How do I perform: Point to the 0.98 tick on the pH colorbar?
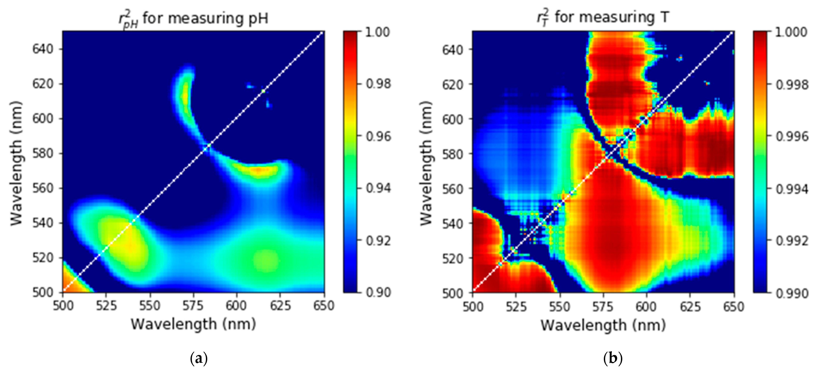click(x=378, y=84)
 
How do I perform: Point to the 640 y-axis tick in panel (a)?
click(x=43, y=49)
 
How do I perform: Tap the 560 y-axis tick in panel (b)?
click(x=452, y=189)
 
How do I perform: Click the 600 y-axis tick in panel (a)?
click(x=43, y=119)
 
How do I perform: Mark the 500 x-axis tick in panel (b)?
click(x=473, y=307)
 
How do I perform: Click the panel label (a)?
click(x=199, y=359)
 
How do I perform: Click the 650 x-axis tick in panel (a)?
click(x=324, y=306)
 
